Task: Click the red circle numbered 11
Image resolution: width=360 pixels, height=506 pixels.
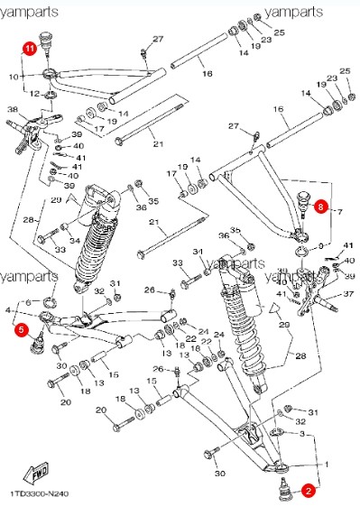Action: [x=29, y=49]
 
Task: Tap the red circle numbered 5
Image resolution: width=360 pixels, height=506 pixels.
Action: [x=20, y=331]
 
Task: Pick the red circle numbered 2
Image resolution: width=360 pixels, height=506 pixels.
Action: [x=308, y=491]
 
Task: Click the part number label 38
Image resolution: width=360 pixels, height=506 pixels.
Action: [x=13, y=111]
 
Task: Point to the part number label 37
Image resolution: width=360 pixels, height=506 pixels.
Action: [x=347, y=293]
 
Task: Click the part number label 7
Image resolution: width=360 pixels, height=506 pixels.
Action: [x=339, y=212]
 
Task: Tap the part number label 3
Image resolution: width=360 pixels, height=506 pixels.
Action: [x=314, y=435]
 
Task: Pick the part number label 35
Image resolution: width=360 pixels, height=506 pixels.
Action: [x=153, y=202]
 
